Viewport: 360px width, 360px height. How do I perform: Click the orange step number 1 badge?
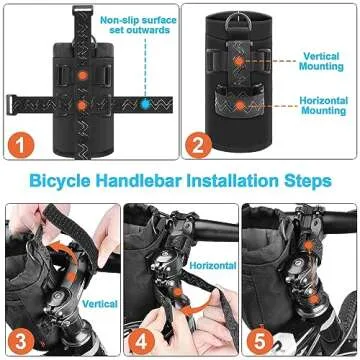pos(21,145)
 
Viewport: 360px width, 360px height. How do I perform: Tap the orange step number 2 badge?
pos(199,145)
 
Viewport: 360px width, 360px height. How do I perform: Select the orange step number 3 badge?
pos(21,342)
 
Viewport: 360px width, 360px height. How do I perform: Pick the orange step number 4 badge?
pos(142,342)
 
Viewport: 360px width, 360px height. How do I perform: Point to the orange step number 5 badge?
pos(260,342)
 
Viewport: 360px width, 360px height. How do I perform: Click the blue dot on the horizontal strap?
pos(145,104)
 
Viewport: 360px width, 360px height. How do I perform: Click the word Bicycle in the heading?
pos(60,181)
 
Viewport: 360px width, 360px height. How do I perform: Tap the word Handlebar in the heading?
pos(139,180)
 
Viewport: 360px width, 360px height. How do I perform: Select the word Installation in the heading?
pos(232,180)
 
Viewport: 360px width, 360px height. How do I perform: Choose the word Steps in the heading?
pos(308,181)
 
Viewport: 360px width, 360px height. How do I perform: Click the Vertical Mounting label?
pos(321,61)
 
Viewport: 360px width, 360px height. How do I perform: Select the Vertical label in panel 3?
pos(100,304)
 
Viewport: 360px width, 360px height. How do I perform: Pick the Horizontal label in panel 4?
pos(213,265)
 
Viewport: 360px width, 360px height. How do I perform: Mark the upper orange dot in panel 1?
pos(83,75)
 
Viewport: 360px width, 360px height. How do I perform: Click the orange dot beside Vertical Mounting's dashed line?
pos(239,61)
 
